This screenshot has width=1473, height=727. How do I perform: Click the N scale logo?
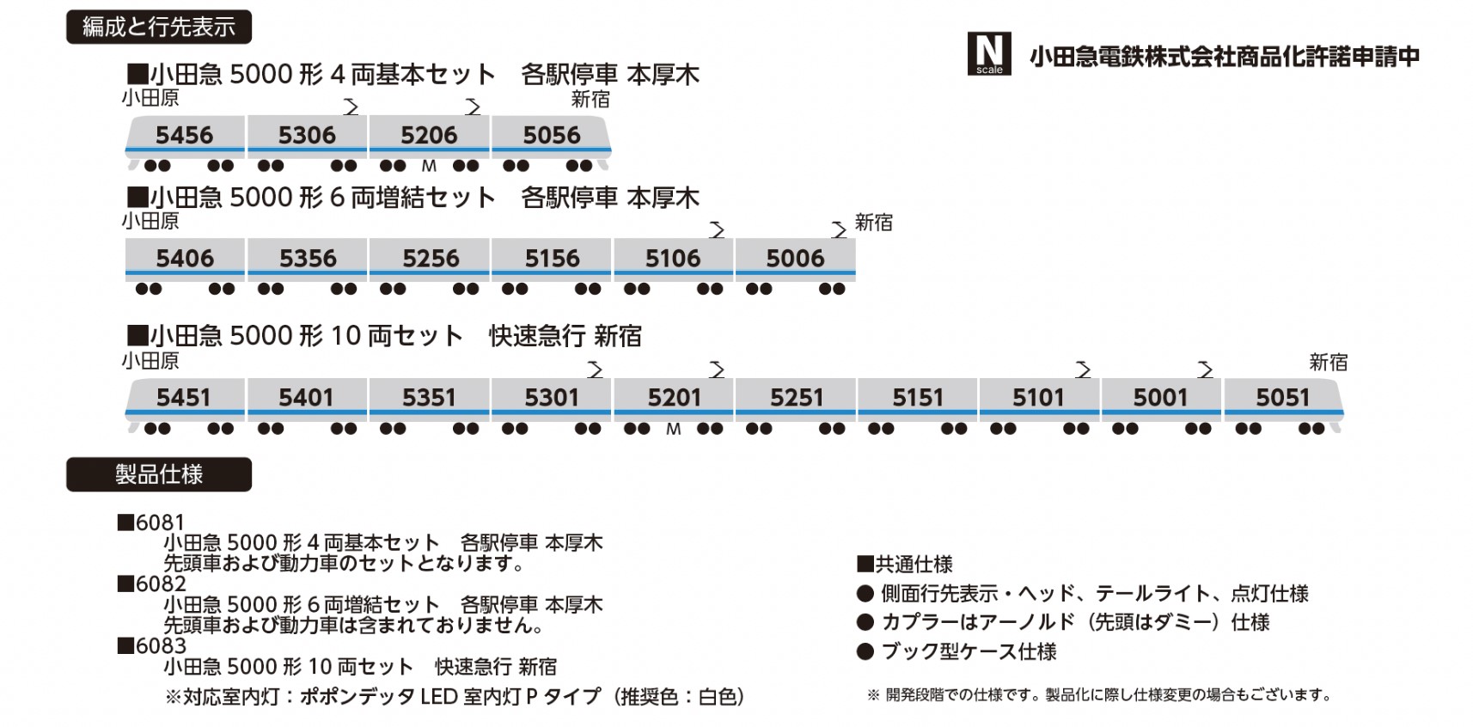988,54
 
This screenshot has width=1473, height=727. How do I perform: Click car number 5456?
184,135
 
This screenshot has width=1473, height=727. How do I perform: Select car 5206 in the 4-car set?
429,135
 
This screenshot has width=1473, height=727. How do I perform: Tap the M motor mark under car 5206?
429,166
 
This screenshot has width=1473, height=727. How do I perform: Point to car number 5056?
552,135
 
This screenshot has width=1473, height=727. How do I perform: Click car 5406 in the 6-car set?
185,258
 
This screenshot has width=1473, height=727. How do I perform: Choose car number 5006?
795,258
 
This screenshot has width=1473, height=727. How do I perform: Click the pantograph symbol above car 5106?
717,229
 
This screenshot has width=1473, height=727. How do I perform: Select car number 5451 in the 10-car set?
183,397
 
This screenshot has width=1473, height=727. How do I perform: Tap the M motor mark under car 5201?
673,429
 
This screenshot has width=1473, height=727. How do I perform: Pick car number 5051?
1282,397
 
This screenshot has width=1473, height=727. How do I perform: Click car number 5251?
797,397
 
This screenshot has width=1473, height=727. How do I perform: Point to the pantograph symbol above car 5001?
1205,370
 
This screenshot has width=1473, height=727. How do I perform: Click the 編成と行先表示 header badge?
159,27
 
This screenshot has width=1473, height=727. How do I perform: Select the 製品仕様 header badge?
159,474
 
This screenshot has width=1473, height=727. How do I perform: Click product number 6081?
160,522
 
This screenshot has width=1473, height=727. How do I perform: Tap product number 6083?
160,646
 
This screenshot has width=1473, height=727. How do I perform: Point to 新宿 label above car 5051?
1328,363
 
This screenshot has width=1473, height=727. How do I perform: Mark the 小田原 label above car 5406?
150,222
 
